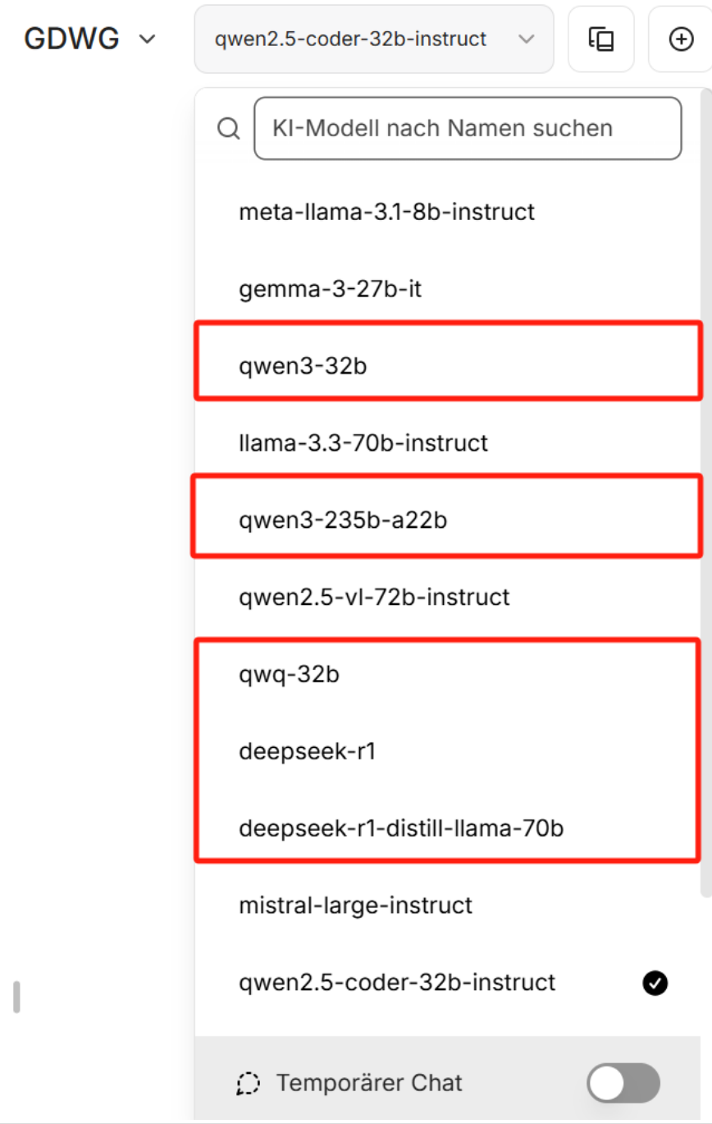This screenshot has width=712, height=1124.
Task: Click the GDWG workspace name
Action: coord(71,39)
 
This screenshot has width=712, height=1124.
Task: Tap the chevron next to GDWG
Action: coord(148,39)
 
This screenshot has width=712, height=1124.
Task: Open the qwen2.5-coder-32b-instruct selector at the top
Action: coord(373,39)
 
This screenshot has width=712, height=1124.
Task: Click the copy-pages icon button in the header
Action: coord(600,39)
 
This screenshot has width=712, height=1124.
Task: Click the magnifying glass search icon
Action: coord(228,128)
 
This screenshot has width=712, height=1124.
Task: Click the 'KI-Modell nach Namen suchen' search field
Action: coord(468,128)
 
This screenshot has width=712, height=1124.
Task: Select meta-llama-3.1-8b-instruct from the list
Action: coord(386,212)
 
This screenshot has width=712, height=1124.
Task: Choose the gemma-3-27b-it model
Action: coord(331,289)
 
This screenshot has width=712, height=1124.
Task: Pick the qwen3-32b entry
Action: coord(303,365)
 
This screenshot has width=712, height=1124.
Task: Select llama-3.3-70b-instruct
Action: coord(363,443)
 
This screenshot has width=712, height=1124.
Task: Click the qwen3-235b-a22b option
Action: coord(343,520)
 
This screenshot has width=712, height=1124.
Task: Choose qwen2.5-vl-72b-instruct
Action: coord(374,596)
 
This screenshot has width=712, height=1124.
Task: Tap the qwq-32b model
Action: coord(290,675)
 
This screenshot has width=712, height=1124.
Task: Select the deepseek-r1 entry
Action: coord(307,751)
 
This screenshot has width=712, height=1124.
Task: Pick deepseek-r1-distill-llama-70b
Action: coord(401,828)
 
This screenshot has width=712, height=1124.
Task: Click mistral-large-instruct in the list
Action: coord(355,906)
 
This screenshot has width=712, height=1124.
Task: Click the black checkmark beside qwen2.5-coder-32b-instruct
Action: coord(655,983)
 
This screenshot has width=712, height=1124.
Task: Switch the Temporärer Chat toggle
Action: coord(623,1083)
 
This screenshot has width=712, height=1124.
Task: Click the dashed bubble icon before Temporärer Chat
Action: coord(248,1084)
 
